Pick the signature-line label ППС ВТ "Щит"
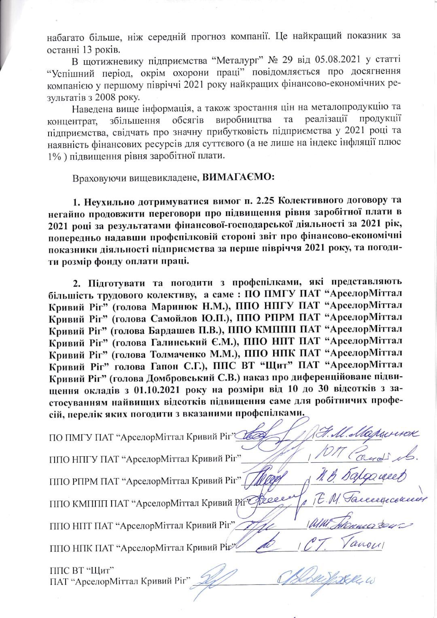81,571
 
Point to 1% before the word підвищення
54,156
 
